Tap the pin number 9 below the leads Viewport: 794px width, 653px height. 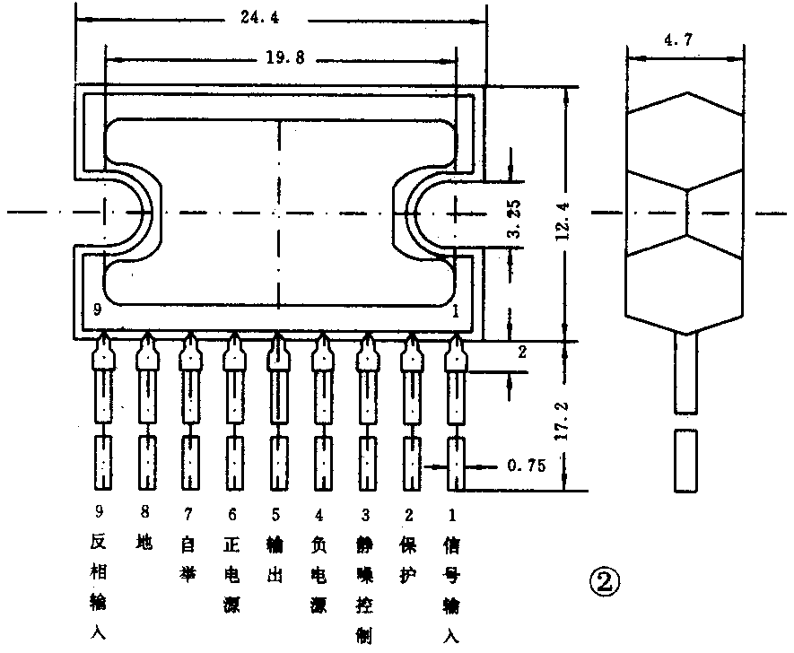coord(99,514)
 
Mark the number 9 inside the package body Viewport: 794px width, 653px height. coord(97,309)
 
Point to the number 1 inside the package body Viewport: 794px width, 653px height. coord(456,310)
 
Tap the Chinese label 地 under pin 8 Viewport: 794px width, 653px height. coord(144,543)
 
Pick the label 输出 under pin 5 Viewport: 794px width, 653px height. coord(275,558)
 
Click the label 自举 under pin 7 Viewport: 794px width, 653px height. coord(188,558)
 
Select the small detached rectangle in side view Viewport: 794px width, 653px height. coord(687,460)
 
